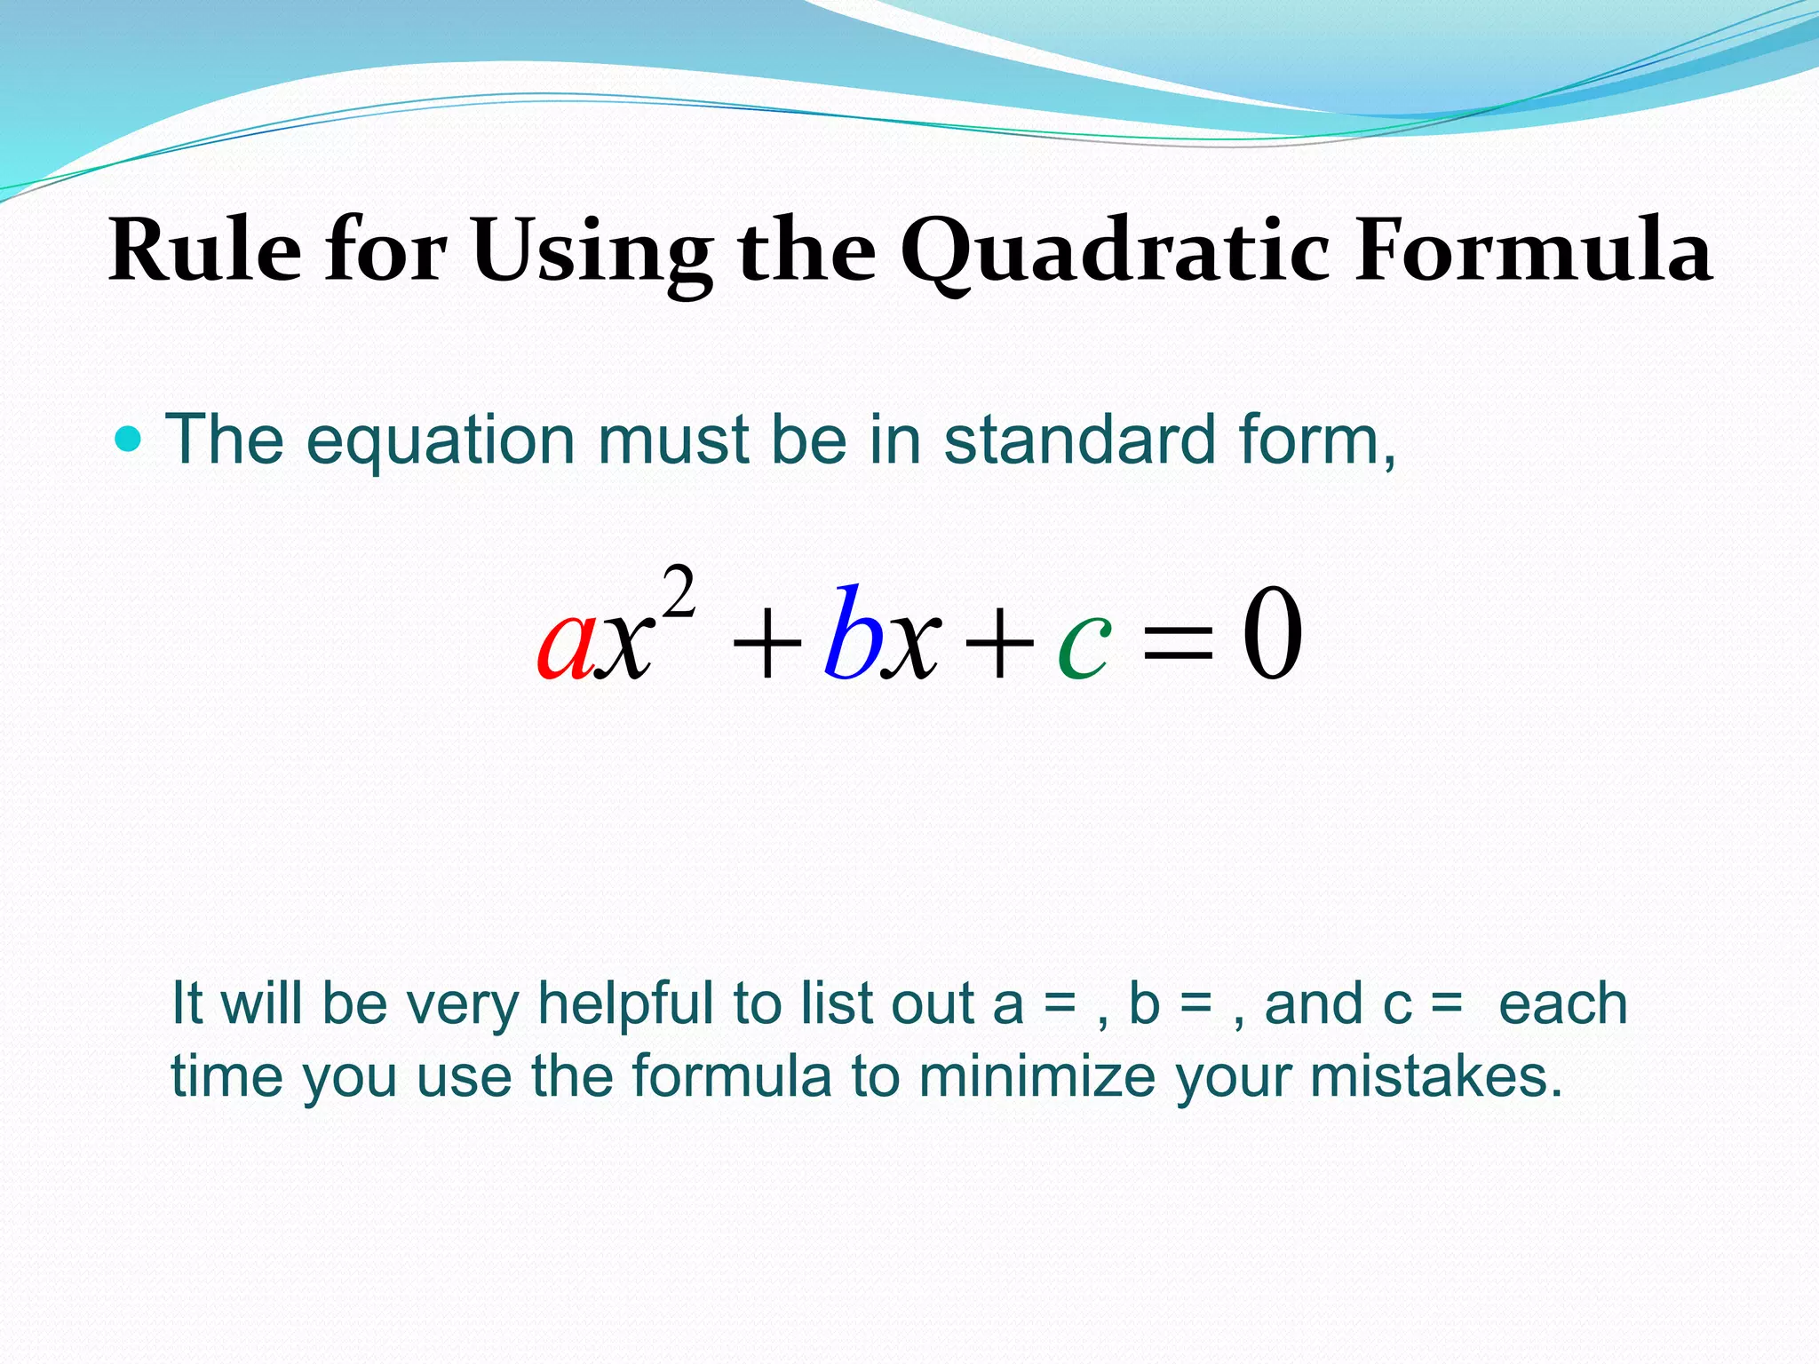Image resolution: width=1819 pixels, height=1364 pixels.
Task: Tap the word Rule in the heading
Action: pyautogui.click(x=205, y=252)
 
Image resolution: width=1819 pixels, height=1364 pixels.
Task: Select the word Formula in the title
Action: pyautogui.click(x=1533, y=252)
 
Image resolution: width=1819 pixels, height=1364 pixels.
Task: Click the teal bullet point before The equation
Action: pyautogui.click(x=129, y=439)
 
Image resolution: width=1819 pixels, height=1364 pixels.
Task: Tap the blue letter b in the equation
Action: pyautogui.click(x=852, y=632)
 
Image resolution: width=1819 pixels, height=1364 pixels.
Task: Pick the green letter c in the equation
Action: pyautogui.click(x=1084, y=644)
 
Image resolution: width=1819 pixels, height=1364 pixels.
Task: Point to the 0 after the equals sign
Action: pyautogui.click(x=1272, y=634)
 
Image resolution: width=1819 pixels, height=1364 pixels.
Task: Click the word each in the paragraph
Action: pyautogui.click(x=1563, y=1004)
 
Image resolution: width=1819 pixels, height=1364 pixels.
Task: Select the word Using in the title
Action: pyautogui.click(x=592, y=252)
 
